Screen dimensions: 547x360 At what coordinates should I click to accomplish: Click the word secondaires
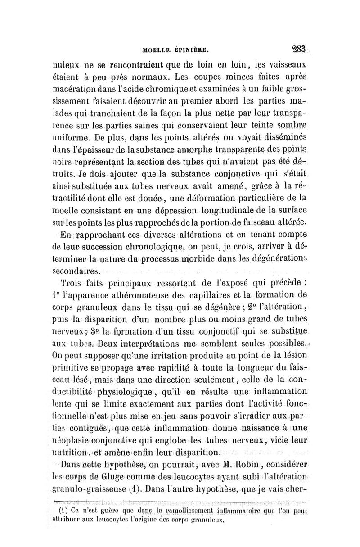coord(75,271)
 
